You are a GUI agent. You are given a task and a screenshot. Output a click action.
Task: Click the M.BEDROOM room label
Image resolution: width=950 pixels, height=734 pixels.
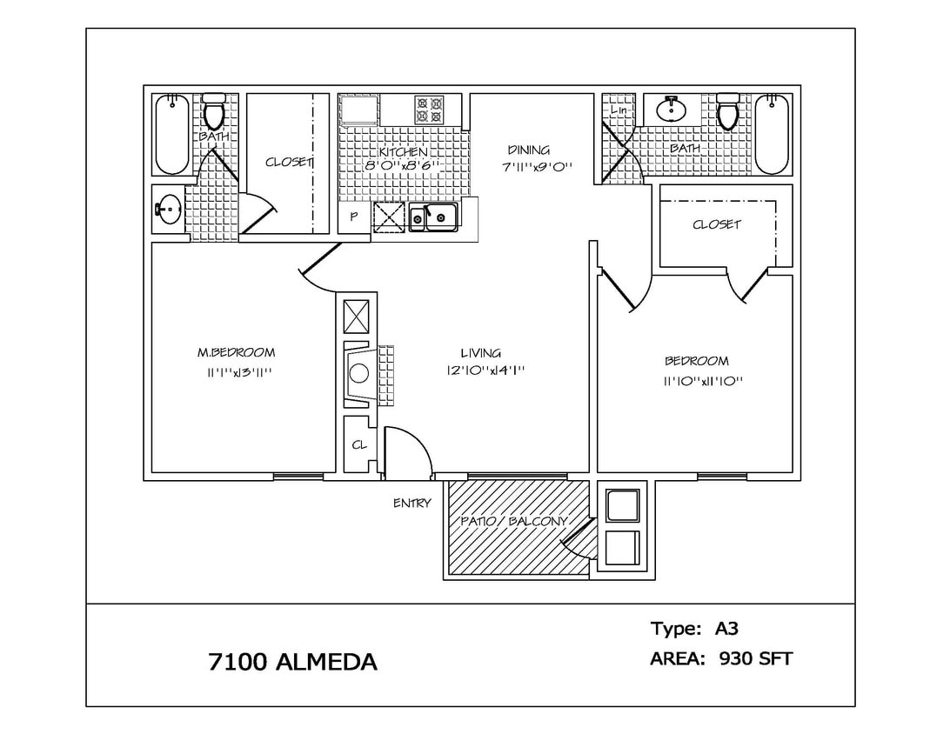[x=236, y=352]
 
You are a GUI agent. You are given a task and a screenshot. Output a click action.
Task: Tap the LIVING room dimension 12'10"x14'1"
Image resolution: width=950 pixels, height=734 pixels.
[x=485, y=370]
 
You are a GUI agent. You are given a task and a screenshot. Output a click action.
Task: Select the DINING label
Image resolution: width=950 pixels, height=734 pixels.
[x=528, y=150]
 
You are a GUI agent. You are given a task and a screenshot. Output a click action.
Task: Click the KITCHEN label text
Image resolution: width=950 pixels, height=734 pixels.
[x=403, y=151]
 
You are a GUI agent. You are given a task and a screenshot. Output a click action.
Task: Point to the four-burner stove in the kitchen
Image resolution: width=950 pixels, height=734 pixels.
[x=429, y=110]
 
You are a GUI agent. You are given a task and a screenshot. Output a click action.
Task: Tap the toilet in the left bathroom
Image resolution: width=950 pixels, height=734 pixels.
[x=214, y=112]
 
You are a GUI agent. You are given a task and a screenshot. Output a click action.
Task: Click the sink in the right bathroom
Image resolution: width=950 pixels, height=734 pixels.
[x=671, y=110]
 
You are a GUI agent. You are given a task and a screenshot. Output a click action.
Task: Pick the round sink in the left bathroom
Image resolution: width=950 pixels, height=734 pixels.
[x=169, y=209]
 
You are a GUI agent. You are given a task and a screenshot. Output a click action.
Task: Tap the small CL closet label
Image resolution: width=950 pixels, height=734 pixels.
[x=358, y=444]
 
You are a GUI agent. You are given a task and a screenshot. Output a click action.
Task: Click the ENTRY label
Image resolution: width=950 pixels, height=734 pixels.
[x=411, y=503]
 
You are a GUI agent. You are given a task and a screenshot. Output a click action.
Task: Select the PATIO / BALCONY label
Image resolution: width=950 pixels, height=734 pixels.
[x=513, y=522]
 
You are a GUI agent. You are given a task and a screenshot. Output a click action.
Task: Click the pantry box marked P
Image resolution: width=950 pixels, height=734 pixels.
[x=354, y=217]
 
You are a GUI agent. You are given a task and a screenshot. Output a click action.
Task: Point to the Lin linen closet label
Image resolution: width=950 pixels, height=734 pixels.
[x=619, y=110]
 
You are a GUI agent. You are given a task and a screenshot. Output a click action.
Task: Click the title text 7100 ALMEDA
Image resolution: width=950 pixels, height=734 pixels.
[x=292, y=662]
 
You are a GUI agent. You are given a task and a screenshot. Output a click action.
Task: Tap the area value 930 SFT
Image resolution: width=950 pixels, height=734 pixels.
[x=755, y=658]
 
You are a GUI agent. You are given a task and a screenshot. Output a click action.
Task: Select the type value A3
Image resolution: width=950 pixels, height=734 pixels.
[x=726, y=628]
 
